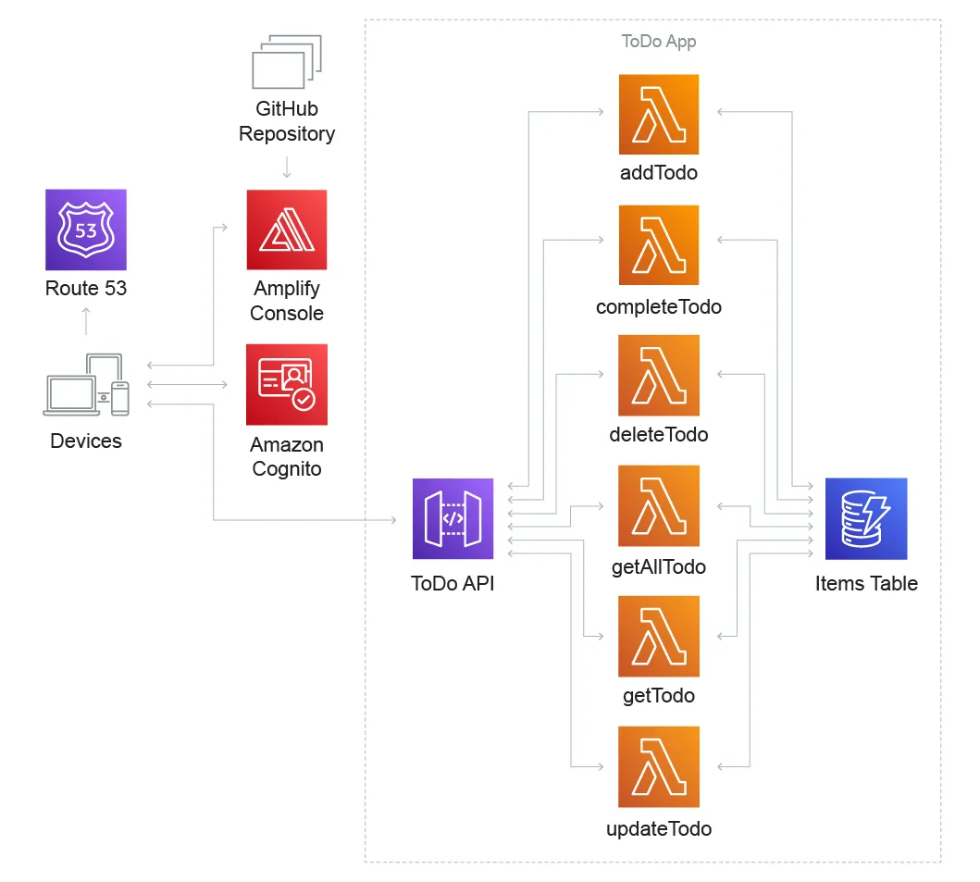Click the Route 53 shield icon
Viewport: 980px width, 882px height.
click(x=86, y=230)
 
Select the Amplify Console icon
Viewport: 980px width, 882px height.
click(x=287, y=230)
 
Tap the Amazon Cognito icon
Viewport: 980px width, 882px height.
click(x=287, y=384)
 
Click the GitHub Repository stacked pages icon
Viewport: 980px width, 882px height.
click(x=287, y=62)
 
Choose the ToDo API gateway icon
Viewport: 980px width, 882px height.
click(x=453, y=518)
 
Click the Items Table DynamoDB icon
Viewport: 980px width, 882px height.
click(x=866, y=518)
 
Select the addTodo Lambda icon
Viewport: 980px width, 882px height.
click(x=659, y=115)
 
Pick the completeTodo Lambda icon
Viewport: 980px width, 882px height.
click(x=659, y=245)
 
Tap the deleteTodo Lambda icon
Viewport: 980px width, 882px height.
click(x=659, y=375)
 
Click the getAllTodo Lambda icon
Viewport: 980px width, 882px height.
click(x=659, y=506)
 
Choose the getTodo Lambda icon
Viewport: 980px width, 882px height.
click(x=659, y=637)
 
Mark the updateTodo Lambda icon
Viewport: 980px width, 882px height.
click(x=659, y=767)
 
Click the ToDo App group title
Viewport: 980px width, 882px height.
click(x=659, y=42)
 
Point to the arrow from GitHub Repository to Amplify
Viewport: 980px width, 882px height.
click(x=287, y=168)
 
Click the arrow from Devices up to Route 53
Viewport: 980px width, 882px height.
click(x=86, y=320)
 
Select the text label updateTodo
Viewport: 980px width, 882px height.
click(x=659, y=828)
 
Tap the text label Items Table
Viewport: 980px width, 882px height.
click(x=866, y=583)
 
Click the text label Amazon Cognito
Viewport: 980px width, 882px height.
click(x=287, y=457)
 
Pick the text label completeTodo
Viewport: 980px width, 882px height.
click(x=659, y=306)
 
